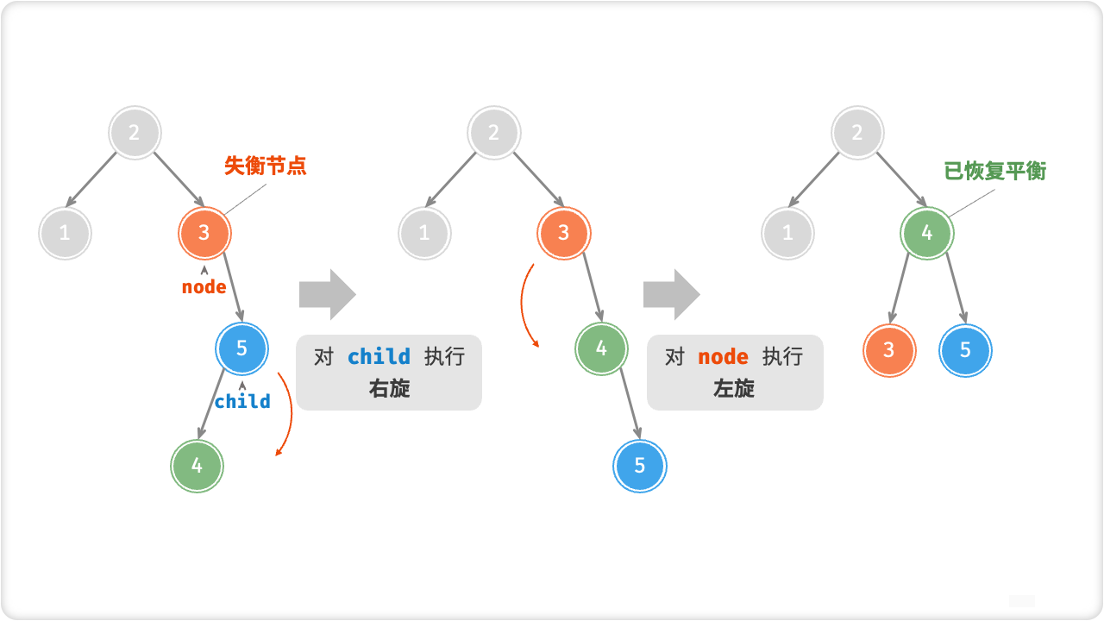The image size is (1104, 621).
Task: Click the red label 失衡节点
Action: (x=265, y=166)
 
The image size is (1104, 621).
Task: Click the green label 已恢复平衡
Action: (x=994, y=171)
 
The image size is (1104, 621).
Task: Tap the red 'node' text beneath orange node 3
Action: (x=204, y=287)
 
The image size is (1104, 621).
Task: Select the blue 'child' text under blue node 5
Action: (x=242, y=401)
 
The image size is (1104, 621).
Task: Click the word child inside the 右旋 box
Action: (x=379, y=357)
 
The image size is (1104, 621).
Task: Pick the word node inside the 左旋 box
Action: (x=723, y=357)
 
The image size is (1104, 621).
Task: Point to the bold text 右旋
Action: (x=389, y=389)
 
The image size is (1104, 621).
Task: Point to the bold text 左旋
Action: (x=734, y=389)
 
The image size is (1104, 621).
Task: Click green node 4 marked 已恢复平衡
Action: (x=927, y=233)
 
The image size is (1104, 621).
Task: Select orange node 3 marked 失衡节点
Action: (x=204, y=232)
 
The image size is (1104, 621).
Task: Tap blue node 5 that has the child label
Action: (x=241, y=348)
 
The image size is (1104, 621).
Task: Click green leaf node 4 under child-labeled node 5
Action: (x=197, y=465)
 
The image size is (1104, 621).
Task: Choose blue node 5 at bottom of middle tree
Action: (x=640, y=466)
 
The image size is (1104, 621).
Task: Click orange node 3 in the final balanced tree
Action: (x=889, y=350)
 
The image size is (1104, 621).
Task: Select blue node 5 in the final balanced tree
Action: (x=965, y=350)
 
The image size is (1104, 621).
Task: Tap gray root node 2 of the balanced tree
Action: (x=857, y=133)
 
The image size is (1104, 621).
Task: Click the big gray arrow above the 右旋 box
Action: (x=327, y=294)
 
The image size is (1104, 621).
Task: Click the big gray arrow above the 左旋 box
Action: (x=671, y=294)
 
